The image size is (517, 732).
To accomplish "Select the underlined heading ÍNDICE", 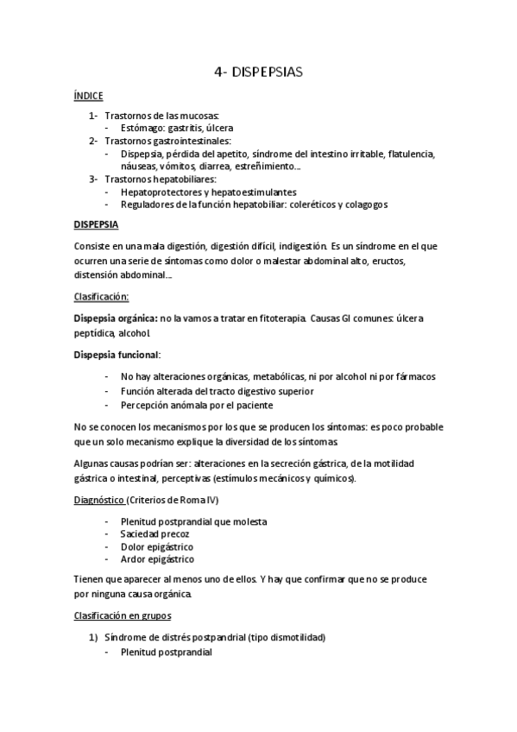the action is [89, 100].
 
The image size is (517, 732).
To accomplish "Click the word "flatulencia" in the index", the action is [412, 154].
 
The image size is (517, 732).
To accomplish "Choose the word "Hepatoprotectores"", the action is [160, 192].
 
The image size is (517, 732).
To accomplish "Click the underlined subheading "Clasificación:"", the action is [102, 296].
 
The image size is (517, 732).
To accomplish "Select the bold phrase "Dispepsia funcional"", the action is [117, 356].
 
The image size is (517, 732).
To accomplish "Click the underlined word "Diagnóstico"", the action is [99, 498].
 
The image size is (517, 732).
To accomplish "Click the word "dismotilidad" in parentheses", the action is [294, 638].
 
